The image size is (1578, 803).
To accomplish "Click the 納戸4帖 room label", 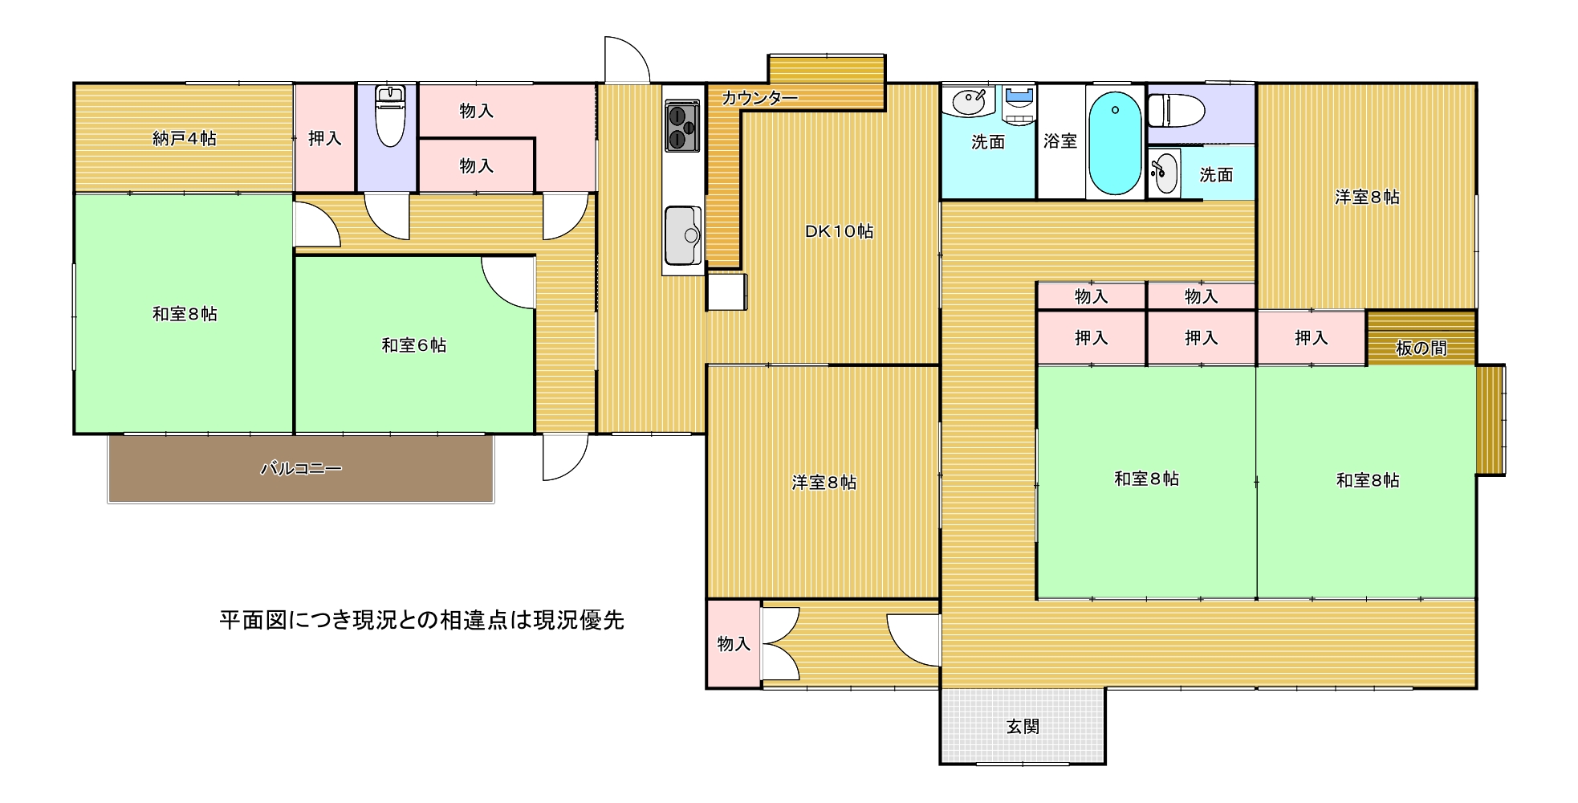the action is point(184,139).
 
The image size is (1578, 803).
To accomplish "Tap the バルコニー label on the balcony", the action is point(301,468).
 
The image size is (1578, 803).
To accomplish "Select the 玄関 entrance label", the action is point(1023,727).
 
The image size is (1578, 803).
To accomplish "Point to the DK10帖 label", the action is point(839,231).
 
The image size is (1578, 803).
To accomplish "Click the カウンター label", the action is point(759,99).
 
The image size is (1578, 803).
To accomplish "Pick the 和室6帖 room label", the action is point(413,345).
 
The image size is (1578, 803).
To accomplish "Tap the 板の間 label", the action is point(1421,348).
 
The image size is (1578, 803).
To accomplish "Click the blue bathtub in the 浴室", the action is point(1115,143).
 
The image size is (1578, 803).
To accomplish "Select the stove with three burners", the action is point(681,127).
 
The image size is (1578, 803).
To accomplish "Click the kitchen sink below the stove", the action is point(683,235).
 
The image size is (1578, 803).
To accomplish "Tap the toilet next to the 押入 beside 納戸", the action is point(390,116).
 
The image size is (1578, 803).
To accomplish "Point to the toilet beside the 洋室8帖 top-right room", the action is point(1176,111).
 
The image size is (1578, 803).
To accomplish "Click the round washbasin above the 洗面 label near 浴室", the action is point(969,102).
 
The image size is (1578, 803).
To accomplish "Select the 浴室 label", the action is point(1060,141).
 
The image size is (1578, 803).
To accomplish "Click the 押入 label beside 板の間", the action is point(1311,338).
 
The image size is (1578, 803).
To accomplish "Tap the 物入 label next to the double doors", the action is point(734,644).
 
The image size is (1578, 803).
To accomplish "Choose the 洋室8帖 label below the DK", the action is point(824,483).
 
